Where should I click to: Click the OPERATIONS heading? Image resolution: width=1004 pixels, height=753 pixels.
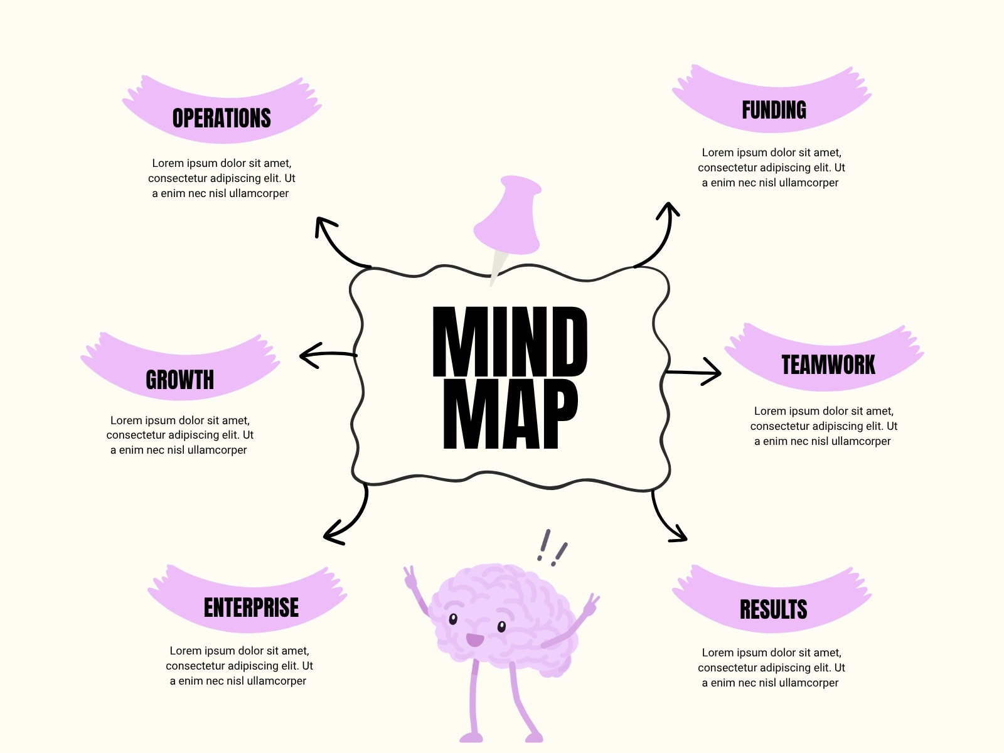coord(222,118)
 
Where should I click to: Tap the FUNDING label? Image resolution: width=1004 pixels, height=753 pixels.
coord(774,110)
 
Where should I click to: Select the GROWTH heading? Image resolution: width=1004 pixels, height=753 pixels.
coord(179,380)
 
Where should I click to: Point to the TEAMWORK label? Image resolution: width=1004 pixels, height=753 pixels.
coord(828,365)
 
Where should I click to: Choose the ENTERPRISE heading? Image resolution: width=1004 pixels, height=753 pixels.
coord(251,607)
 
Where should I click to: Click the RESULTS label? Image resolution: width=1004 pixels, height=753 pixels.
coord(774,609)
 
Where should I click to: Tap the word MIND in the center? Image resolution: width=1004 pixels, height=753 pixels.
coord(510,341)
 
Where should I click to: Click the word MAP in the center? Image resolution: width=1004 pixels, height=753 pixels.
coord(510,414)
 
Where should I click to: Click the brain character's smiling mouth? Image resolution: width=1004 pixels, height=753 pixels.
coord(475,639)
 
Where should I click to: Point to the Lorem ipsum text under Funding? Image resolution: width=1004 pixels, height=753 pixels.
coord(771,168)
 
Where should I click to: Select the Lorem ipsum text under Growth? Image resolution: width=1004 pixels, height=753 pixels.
coord(179,435)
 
